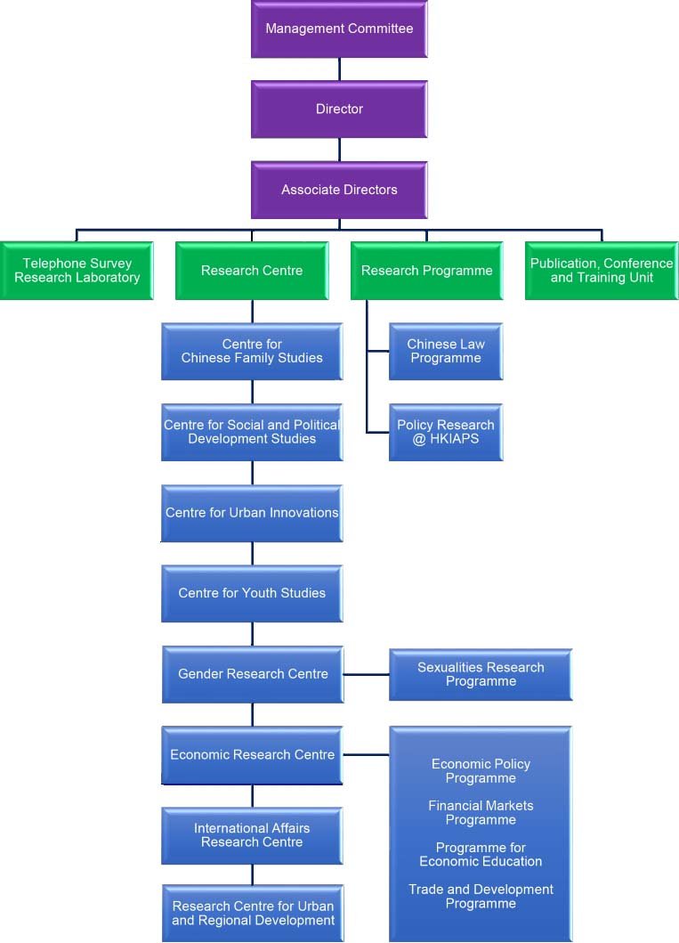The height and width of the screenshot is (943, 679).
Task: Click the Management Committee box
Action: [339, 28]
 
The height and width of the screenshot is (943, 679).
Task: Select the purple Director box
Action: [339, 109]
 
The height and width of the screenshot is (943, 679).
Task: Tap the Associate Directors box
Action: [339, 190]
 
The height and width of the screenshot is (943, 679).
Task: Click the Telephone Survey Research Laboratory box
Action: [77, 271]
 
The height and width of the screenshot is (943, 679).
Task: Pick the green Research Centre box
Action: [252, 271]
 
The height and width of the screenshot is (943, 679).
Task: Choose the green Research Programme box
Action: [426, 271]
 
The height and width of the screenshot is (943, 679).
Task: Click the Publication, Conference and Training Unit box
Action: [602, 271]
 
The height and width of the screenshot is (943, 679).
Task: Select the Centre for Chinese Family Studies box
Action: [252, 351]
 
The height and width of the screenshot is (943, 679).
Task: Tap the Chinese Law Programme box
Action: [446, 351]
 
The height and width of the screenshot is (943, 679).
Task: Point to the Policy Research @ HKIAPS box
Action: [446, 432]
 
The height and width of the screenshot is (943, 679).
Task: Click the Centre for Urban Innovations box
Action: [252, 513]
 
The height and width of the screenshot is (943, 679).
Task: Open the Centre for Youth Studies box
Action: [252, 593]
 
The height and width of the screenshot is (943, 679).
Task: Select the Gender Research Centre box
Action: [252, 674]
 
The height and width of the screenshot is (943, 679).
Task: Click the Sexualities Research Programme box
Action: [481, 674]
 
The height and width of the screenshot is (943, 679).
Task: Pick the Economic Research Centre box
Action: [252, 755]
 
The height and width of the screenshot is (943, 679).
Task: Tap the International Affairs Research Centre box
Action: [252, 835]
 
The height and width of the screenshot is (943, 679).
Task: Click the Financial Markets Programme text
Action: [481, 813]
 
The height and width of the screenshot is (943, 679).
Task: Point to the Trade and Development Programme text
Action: [481, 897]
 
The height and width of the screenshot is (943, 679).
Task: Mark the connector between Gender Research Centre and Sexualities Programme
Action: [366, 675]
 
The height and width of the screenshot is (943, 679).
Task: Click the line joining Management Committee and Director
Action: [339, 69]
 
